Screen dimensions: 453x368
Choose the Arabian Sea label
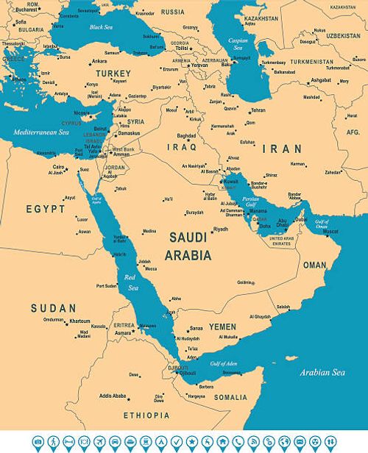click(322, 373)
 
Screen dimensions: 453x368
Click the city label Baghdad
click(186, 135)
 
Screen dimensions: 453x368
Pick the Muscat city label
click(330, 232)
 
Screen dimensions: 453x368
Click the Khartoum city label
click(79, 321)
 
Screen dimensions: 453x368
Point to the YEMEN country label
click(222, 326)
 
